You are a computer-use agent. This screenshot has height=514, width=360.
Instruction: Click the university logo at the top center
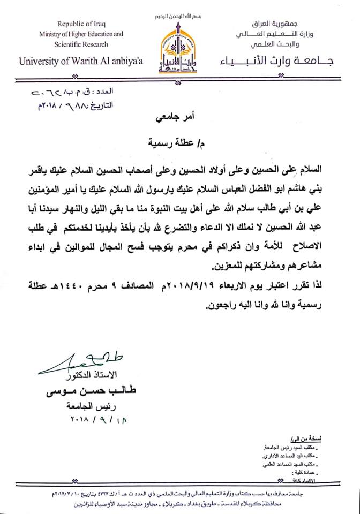point(179,49)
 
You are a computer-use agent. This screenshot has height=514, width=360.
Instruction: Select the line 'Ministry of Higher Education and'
point(81,34)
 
